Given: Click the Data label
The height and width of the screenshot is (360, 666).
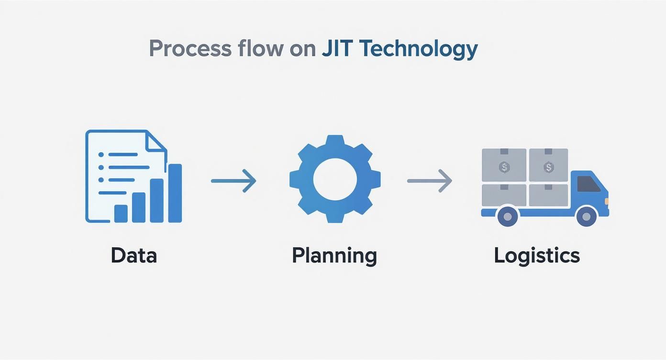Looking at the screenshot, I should tap(133, 256).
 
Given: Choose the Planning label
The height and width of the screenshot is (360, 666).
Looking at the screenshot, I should tap(334, 256).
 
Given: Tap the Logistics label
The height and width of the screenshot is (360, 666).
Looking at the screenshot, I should tap(536, 256).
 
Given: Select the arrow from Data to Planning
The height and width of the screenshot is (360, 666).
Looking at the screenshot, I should tap(233, 181).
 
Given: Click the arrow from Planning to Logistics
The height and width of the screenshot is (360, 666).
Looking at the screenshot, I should tap(429, 181).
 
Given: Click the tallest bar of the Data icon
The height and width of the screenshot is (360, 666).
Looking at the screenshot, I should tap(175, 193).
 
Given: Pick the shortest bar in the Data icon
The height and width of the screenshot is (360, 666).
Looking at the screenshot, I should tap(121, 214).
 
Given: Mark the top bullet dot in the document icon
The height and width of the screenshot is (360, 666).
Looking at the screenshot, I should tap(101, 155).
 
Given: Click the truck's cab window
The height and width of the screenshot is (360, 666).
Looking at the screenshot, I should tap(588, 184).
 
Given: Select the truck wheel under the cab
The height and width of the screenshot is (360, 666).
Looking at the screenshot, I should tap(586, 216).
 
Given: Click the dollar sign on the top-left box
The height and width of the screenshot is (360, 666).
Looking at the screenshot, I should tap(504, 167).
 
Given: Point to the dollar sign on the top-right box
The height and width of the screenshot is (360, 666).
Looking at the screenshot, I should tap(548, 167).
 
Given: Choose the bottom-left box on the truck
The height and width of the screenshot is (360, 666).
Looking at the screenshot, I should tap(504, 195).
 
